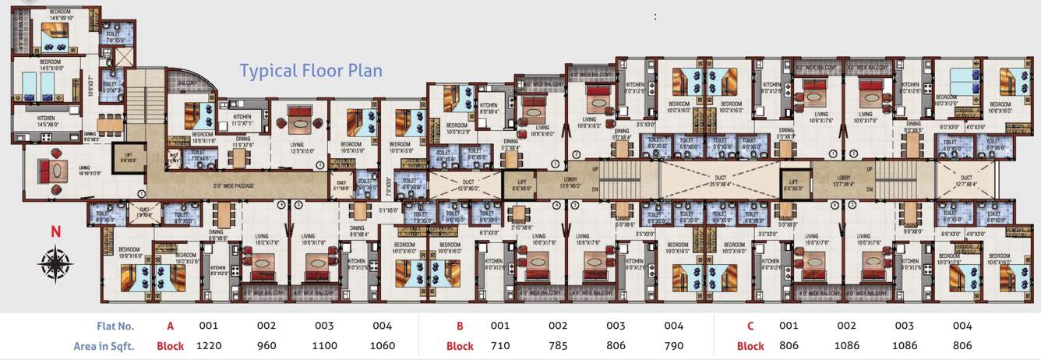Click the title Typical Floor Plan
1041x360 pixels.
pyautogui.click(x=311, y=71)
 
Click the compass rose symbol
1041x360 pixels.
pyautogui.click(x=55, y=263)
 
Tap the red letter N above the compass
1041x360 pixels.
pyautogui.click(x=55, y=231)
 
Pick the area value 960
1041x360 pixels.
pyautogui.click(x=266, y=345)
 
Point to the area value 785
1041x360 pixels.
pyautogui.click(x=558, y=345)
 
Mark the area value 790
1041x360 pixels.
pyautogui.click(x=673, y=345)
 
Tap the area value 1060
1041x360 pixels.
pyautogui.click(x=382, y=345)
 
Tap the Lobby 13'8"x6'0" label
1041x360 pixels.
pyautogui.click(x=570, y=183)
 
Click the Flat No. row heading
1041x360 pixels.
pyautogui.click(x=117, y=326)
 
